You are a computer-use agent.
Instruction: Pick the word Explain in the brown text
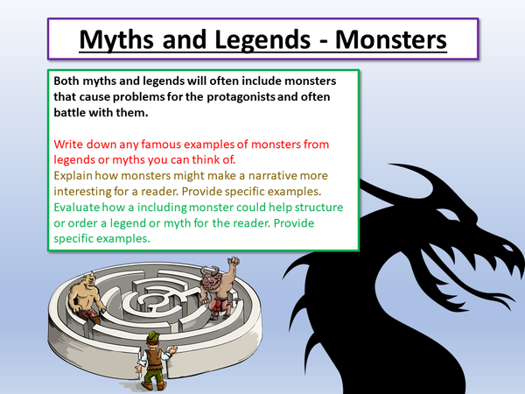pos(75,174)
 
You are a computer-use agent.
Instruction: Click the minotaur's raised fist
pos(232,260)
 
